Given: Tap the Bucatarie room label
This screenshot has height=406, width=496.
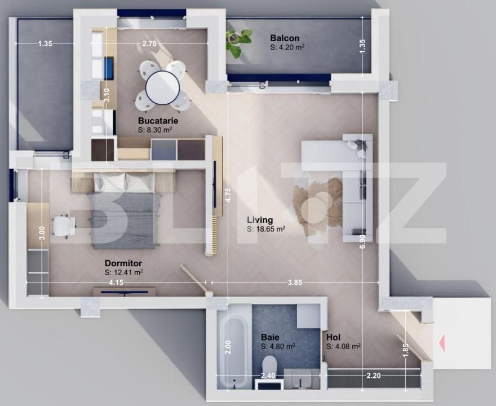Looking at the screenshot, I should coord(155,121).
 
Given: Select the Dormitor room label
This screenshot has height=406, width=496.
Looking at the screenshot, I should coord(123,263).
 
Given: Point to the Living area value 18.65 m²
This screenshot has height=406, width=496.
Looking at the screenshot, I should coord(266,230).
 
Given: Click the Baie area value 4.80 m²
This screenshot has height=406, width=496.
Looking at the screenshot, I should coord(278,346).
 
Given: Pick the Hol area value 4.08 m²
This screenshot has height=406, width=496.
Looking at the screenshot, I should coord(344,346).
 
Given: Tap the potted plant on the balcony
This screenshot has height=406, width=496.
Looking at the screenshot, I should coord(238,42).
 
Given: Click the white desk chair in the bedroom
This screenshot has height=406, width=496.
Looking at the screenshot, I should coord(63,226).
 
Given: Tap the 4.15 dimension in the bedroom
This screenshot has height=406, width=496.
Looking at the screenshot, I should coord(117,281).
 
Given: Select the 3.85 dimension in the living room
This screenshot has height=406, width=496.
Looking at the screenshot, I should coord(296,281).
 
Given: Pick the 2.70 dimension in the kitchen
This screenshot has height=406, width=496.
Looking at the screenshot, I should coord(149,43).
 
